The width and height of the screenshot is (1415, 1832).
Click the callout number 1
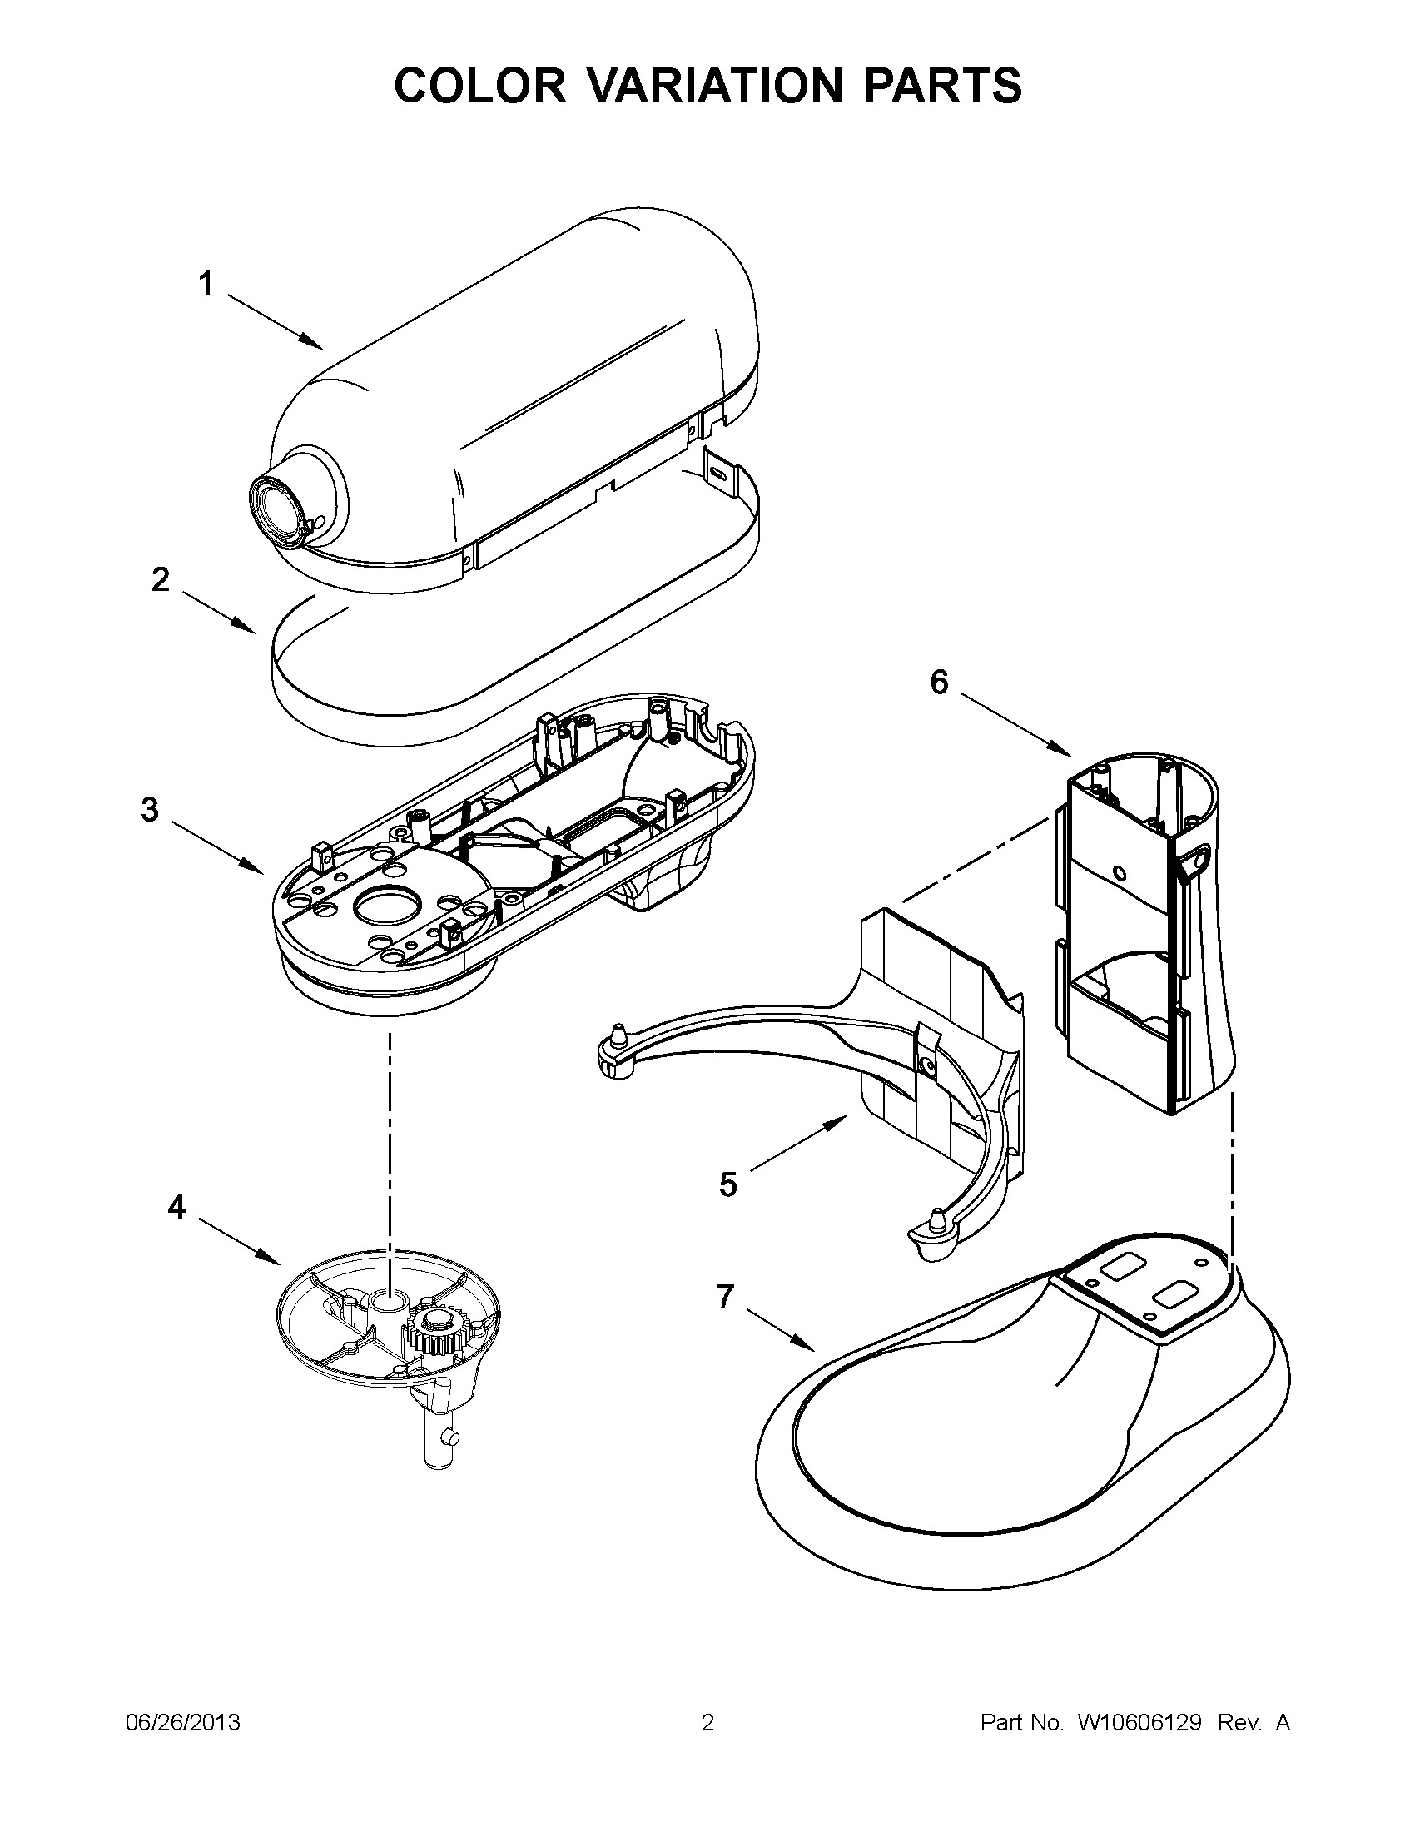click(206, 284)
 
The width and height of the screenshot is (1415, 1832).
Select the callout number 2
click(160, 579)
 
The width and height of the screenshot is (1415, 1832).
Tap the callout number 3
click(149, 810)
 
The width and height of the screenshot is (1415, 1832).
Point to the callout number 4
click(176, 1207)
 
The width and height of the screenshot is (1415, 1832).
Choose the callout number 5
click(728, 1185)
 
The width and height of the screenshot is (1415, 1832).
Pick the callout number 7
click(725, 1297)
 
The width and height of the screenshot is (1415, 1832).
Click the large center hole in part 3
click(385, 906)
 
